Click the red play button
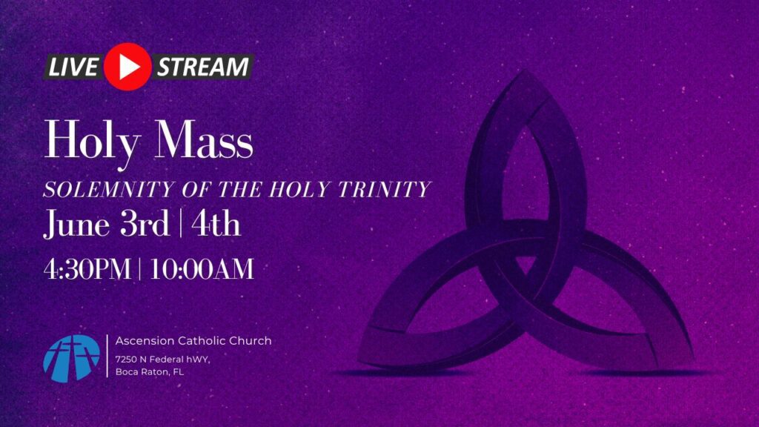(127, 67)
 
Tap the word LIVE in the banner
(73, 67)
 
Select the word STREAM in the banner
(203, 67)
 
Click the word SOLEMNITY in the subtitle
(108, 189)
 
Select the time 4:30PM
(87, 269)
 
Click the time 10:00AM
(202, 269)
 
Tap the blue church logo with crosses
(72, 358)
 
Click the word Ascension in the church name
(145, 341)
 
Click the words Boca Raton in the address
(142, 372)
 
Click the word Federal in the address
(166, 360)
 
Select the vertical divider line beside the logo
(107, 356)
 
